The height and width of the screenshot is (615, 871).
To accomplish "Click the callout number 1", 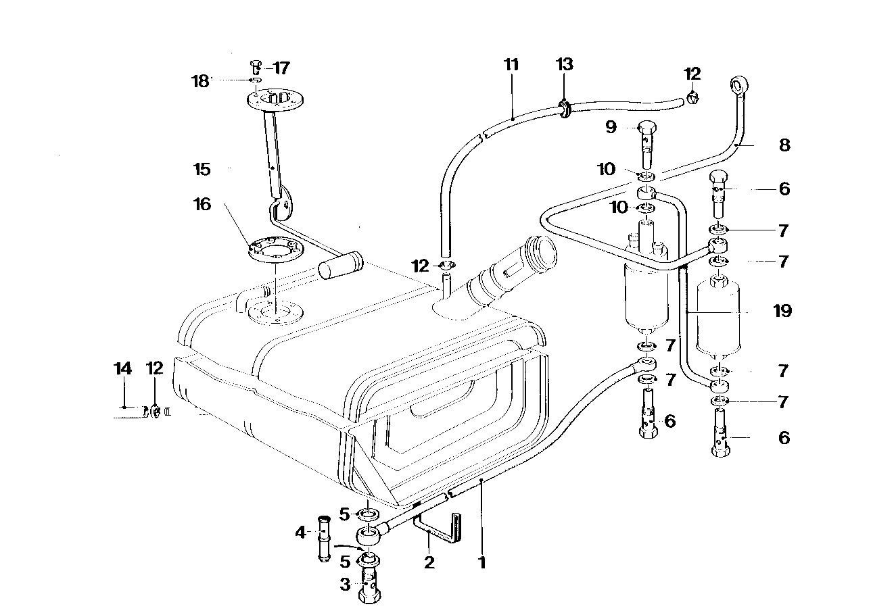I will [482, 562].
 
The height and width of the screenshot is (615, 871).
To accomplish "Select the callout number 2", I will [429, 562].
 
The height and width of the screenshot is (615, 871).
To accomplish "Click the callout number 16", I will [203, 204].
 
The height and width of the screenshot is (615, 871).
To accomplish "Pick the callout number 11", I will [511, 66].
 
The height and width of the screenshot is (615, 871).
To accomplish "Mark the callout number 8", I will [784, 145].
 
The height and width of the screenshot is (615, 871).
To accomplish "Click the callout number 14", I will [122, 368].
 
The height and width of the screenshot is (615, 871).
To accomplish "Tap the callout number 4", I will [300, 533].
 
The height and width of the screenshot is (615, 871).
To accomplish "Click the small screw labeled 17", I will [255, 67].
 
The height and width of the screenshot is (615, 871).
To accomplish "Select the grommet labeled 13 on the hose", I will [563, 107].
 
